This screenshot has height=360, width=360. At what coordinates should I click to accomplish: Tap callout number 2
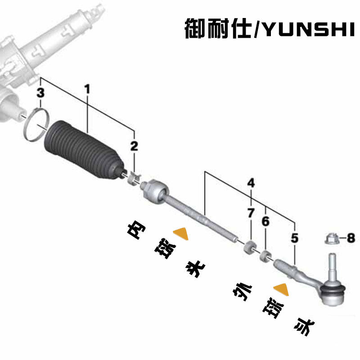[x=135, y=145]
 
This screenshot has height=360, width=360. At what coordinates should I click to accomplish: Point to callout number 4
[x=251, y=183]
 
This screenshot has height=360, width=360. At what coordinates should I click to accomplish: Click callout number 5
[x=294, y=237]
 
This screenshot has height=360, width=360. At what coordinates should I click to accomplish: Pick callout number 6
[x=265, y=221]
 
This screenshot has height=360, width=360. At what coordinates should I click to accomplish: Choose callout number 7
[x=251, y=213]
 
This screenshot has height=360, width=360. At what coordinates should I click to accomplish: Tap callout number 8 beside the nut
[x=351, y=237]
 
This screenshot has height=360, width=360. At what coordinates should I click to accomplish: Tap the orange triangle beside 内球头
[x=181, y=233]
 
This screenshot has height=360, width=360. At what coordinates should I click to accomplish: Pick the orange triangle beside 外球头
[x=281, y=288]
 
